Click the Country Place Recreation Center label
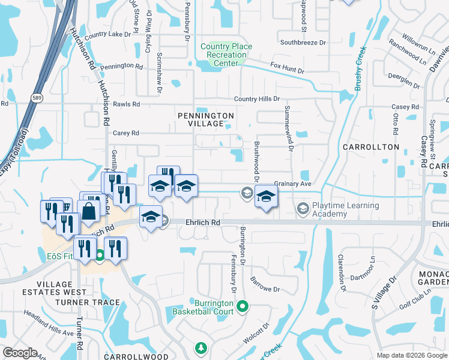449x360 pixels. pos(226,55)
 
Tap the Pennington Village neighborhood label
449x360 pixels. pos(205,119)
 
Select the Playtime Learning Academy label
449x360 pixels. pos(346,209)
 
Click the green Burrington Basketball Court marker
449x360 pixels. pos(243,307)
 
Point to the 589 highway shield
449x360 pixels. pos(37,97)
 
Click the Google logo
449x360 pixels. pos(20,353)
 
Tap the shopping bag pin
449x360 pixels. pos(89,211)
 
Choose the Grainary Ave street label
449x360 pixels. pos(293,184)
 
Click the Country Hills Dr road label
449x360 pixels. pos(257,98)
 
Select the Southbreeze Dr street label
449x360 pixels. pos(303,43)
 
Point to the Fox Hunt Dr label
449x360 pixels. pos(288,68)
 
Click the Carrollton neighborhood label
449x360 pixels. pos(370,146)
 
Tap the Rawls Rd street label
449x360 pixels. pos(126,104)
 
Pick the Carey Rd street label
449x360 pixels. pos(126,133)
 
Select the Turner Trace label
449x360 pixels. pos(88,302)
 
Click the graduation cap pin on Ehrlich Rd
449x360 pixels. pos(151,217)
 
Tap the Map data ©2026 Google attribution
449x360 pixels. pos(411,355)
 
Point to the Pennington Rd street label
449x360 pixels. pos(122,67)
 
